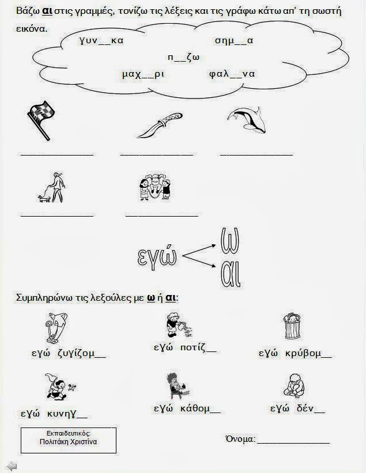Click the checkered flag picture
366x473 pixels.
(41, 121)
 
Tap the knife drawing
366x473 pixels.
(160, 125)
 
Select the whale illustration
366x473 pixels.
(247, 120)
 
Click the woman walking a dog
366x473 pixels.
(52, 188)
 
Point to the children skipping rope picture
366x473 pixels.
(154, 187)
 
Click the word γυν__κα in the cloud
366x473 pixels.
(101, 40)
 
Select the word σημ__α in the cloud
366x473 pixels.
(234, 40)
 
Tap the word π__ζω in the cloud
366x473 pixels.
(183, 57)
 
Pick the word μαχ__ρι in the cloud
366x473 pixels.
(144, 74)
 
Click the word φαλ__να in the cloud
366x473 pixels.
(232, 74)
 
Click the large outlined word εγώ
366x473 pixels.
(157, 258)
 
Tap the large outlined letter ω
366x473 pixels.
(230, 240)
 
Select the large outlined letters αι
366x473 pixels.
(231, 274)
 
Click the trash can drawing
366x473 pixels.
(292, 326)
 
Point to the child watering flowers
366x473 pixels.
(179, 324)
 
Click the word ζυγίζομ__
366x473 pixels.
(81, 353)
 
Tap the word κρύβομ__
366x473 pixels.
(308, 353)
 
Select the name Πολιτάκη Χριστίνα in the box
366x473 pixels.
(68, 442)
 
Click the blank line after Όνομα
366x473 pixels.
(293, 443)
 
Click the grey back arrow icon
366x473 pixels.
(12, 466)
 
